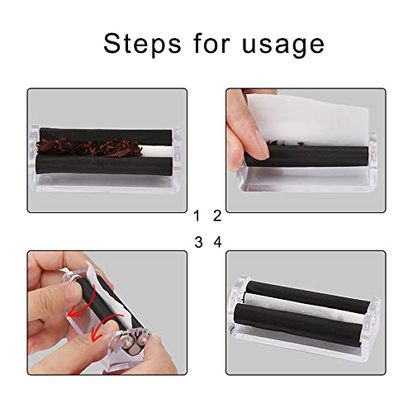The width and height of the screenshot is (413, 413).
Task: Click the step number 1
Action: click(x=197, y=216)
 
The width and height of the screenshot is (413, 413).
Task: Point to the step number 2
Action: click(x=217, y=216)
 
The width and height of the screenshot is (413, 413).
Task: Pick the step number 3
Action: click(x=197, y=243)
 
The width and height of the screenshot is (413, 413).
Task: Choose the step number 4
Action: click(x=217, y=243)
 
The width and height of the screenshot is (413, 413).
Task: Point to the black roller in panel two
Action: click(x=330, y=154)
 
